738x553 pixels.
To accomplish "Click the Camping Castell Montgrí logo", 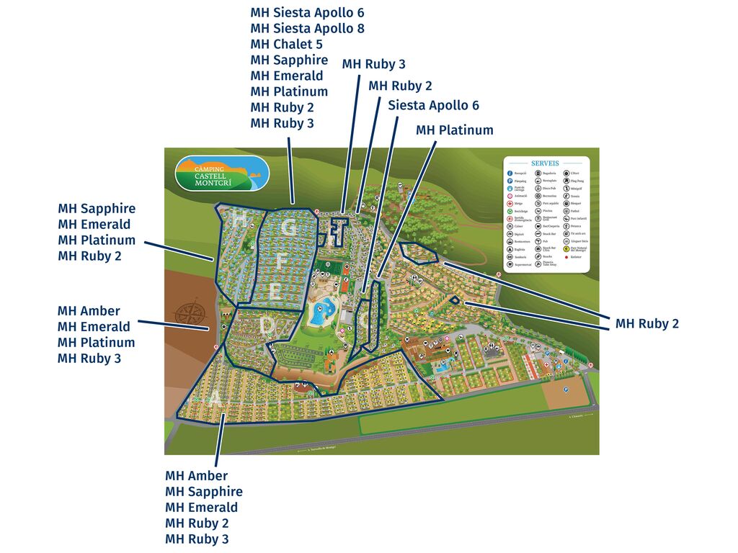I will pyautogui.click(x=222, y=174).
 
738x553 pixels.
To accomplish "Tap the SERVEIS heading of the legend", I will pyautogui.click(x=546, y=163).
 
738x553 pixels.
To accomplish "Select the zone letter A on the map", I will pyautogui.click(x=215, y=400).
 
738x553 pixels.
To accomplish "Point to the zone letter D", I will pyautogui.click(x=267, y=326).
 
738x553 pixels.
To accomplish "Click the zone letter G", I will pyautogui.click(x=289, y=228).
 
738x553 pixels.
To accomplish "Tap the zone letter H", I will pyautogui.click(x=237, y=220).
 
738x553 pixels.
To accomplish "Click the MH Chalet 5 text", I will pyautogui.click(x=286, y=44).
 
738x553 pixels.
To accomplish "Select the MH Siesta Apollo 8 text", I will pyautogui.click(x=307, y=28).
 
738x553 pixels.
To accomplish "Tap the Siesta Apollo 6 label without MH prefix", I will pyautogui.click(x=433, y=105).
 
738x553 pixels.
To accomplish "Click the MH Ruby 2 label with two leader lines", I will pyautogui.click(x=646, y=324).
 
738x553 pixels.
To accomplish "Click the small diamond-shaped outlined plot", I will pyautogui.click(x=455, y=300).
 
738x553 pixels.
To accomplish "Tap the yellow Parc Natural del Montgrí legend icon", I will pyautogui.click(x=565, y=249).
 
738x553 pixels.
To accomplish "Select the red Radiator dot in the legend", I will pyautogui.click(x=565, y=257).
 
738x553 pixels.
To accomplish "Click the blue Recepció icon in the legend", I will pyautogui.click(x=510, y=174).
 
